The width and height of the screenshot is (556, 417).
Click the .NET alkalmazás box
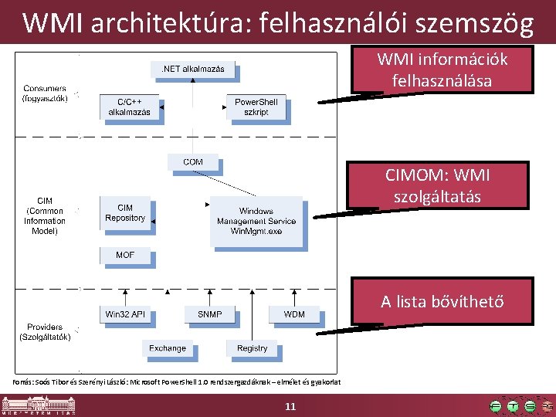(x=192, y=69)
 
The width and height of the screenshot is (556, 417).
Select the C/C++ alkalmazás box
(x=128, y=107)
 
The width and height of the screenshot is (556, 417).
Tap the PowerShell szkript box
(x=256, y=107)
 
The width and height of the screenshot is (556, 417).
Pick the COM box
(x=193, y=162)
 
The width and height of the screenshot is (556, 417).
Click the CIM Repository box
(x=125, y=213)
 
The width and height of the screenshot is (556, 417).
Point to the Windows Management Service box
(x=256, y=221)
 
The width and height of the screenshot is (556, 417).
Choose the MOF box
(x=125, y=255)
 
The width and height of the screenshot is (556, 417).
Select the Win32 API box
(x=125, y=314)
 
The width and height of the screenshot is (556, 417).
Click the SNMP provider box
(x=209, y=314)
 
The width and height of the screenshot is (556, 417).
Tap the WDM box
(x=293, y=314)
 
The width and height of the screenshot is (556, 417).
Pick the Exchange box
(x=168, y=348)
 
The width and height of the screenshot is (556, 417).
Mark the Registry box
(x=252, y=348)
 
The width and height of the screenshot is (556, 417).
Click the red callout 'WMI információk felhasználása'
(x=442, y=69)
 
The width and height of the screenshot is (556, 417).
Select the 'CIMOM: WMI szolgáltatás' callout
(x=437, y=186)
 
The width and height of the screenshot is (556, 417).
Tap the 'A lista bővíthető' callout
(x=442, y=301)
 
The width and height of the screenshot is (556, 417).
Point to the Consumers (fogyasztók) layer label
(x=45, y=93)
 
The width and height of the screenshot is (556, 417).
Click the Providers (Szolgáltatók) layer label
(x=45, y=332)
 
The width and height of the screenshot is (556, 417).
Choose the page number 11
(x=290, y=406)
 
